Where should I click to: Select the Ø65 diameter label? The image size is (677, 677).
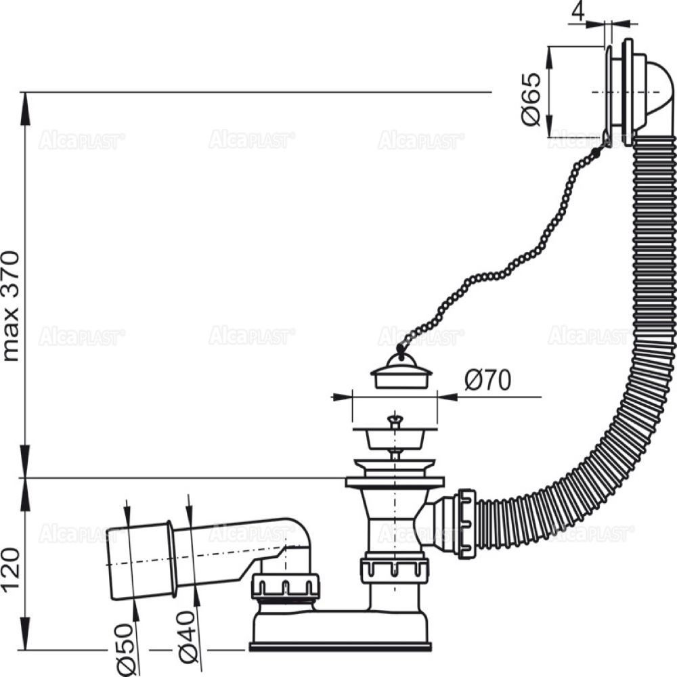point(531,99)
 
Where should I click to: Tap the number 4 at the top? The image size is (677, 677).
point(577,11)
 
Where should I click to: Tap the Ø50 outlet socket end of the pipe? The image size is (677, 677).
point(138,561)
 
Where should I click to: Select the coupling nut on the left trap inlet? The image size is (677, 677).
point(285,586)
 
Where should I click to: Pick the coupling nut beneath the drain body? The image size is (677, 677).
point(395,570)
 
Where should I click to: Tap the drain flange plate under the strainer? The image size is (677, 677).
point(395,482)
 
